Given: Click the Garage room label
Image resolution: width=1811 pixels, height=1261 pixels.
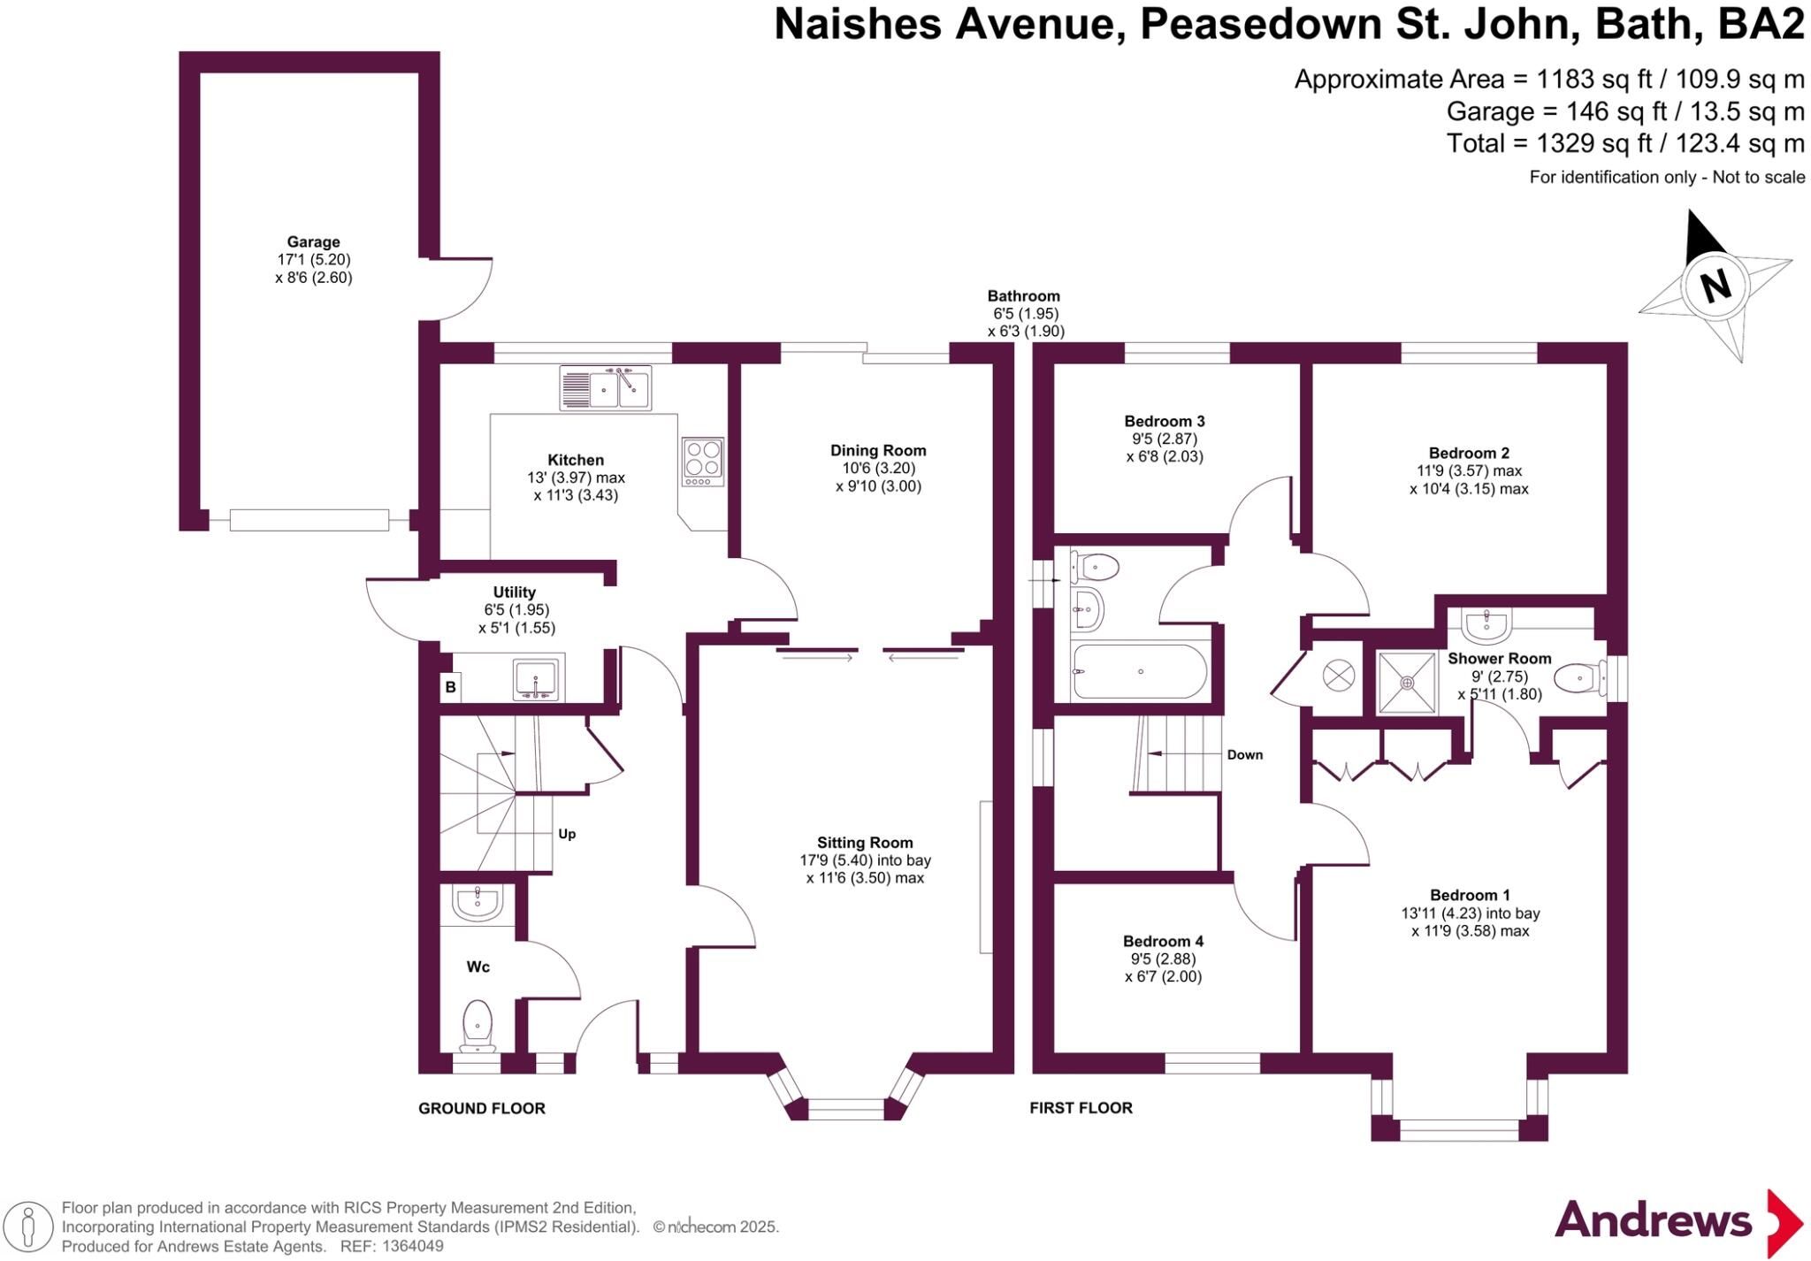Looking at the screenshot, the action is click(313, 241).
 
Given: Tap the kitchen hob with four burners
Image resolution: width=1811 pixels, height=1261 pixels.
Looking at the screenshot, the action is click(703, 462).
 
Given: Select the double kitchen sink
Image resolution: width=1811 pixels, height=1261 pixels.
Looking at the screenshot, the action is click(606, 387).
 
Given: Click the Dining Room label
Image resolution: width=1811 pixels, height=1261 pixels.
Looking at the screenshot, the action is click(878, 450).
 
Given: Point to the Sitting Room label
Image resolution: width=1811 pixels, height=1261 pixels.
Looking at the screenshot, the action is click(865, 843).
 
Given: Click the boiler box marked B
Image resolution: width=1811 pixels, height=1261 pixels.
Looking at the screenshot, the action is click(450, 686).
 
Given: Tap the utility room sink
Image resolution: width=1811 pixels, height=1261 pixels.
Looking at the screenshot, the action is click(536, 678).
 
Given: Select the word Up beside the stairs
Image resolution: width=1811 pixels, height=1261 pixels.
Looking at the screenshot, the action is click(567, 834).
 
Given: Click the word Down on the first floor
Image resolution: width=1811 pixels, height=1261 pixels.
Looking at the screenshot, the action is click(1245, 754).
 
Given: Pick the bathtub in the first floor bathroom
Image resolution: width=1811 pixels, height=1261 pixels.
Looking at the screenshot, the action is click(1139, 671).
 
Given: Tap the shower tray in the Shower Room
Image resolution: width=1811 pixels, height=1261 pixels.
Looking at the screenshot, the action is click(1406, 682).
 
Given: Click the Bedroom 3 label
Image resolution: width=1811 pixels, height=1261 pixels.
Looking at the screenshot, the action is click(1165, 421).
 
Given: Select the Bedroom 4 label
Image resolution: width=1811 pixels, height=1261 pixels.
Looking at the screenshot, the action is click(1163, 941).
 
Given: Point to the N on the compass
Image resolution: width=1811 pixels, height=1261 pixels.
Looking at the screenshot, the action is click(1715, 286).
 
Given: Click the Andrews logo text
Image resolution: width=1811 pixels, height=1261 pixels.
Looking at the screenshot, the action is click(1653, 1221).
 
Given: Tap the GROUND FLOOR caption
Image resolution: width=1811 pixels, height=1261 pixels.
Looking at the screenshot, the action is click(482, 1108).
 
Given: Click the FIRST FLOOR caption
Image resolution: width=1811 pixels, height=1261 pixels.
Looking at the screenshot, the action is click(1081, 1107).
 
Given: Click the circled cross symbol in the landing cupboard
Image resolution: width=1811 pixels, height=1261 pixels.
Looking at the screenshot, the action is click(1338, 676).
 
